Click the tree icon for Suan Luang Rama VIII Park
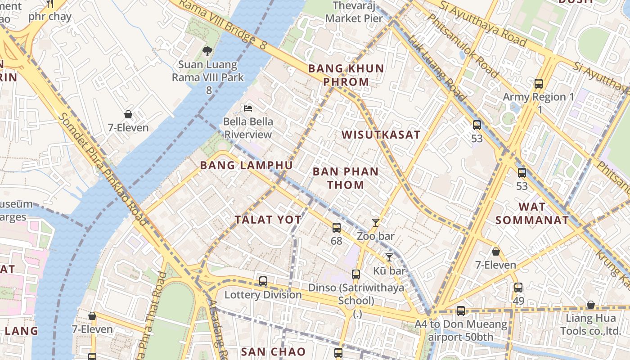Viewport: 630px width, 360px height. pos(207,51)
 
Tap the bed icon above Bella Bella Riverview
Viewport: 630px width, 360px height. pos(248,108)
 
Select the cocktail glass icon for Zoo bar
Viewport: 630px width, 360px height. pos(376,222)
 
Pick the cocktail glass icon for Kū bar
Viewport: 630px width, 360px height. pos(389,257)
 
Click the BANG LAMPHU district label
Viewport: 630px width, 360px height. pos(246,165)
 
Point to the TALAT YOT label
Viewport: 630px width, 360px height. pos(268,220)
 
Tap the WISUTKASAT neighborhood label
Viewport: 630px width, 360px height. pos(381,135)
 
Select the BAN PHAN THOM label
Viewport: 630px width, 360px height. pos(346,178)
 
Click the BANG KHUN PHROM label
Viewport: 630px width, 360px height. pos(346,75)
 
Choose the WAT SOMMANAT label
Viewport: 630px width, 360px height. pos(532,213)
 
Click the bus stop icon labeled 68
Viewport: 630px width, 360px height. pos(337,228)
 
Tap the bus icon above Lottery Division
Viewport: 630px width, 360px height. pos(263,281)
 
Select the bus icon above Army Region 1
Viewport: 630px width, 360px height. pos(539,83)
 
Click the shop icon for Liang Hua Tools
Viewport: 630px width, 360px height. pos(591,305)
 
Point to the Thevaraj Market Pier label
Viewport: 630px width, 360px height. pos(354,12)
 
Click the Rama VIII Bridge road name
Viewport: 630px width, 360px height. pos(220,22)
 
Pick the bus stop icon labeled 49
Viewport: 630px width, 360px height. pos(518,287)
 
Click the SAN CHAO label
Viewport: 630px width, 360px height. pos(273,351)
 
